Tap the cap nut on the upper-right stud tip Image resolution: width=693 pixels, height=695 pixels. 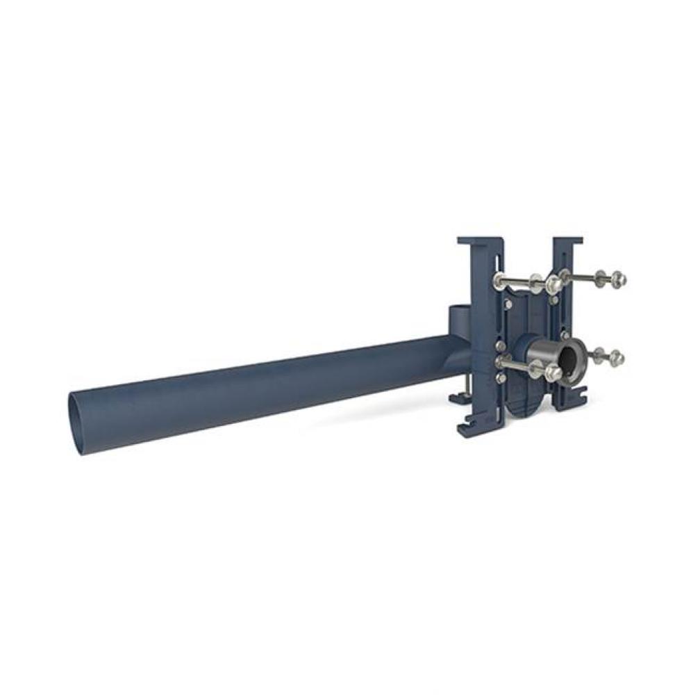(x=620, y=279)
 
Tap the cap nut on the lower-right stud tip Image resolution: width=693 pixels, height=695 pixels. (x=617, y=358)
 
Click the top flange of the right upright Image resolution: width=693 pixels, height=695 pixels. (x=567, y=242)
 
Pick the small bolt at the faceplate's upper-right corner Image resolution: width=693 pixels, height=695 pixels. (x=553, y=300)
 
